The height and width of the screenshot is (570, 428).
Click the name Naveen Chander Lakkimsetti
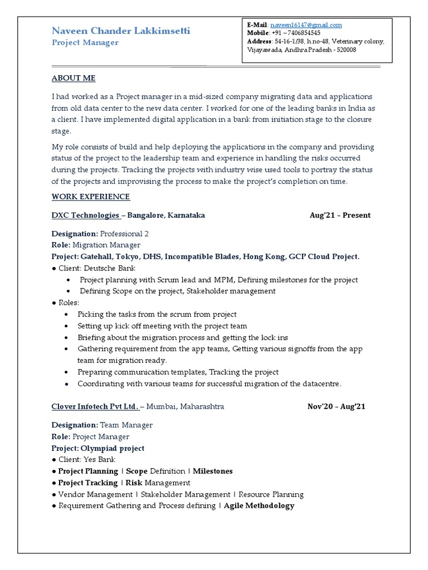(x=121, y=31)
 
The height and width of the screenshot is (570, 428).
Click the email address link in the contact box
(x=306, y=25)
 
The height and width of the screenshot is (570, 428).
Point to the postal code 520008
(x=344, y=50)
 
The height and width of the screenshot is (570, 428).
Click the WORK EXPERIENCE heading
(x=91, y=196)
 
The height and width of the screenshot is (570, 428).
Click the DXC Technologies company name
(x=86, y=215)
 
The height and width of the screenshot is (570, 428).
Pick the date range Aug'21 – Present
(x=340, y=215)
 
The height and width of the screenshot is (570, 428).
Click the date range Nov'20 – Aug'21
(x=337, y=406)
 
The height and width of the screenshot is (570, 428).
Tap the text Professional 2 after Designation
(x=124, y=234)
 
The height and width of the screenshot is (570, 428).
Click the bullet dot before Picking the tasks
(x=67, y=315)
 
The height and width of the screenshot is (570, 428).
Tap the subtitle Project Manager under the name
(x=85, y=43)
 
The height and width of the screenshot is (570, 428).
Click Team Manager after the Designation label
(x=126, y=425)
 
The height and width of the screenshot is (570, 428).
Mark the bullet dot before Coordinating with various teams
(x=67, y=385)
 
